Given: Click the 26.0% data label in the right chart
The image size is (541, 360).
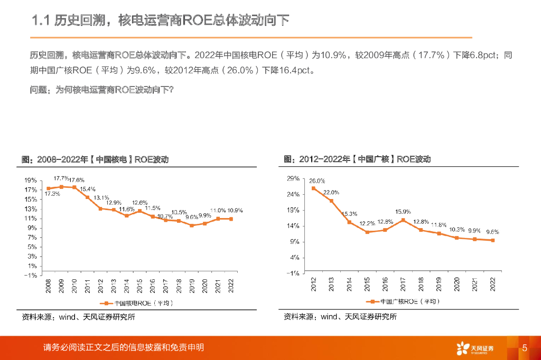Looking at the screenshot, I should pos(317,181).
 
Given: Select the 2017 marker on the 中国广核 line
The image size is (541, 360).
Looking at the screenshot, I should pos(403,220).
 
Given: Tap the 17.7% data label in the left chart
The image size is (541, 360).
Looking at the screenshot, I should pos(62,178).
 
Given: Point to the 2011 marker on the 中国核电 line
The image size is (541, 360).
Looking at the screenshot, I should pos(87,197).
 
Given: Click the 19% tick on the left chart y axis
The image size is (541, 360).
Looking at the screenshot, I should pos(30,180).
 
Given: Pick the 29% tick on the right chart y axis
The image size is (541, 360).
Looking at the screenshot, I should pos(293,179).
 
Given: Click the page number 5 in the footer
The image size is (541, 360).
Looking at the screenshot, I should pos(525,348).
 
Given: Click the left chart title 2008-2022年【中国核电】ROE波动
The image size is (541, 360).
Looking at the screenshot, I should pos(95,159).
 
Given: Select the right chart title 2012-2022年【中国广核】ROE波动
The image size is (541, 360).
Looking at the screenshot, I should pos(357,159).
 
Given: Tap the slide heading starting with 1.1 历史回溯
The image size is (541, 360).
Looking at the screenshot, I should pos(161,21).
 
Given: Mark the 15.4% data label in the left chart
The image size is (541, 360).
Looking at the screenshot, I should pos(88,189).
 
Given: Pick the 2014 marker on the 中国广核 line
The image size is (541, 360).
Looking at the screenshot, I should pos(349,222).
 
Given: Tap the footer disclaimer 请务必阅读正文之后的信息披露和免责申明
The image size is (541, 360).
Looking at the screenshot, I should pos(124,347).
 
